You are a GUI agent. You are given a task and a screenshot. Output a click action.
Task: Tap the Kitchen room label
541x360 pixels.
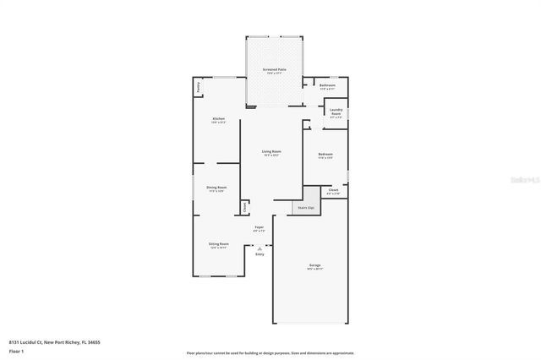click(218, 119)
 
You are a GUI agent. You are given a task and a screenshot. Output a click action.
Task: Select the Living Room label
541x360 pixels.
click(270, 152)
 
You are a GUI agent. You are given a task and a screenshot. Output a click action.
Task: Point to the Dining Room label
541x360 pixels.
click(216, 188)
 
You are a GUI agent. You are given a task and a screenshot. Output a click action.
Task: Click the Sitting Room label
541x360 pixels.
click(218, 244)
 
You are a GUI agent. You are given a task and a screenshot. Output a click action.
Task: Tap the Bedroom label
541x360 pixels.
click(325, 155)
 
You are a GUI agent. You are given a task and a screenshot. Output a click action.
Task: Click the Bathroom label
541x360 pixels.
click(327, 85)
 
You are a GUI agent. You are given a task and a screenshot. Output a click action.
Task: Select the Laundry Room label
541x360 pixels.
click(336, 113)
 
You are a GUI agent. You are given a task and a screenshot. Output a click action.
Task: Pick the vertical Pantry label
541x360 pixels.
click(199, 86)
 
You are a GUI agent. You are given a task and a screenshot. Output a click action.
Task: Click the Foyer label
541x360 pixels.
click(260, 227)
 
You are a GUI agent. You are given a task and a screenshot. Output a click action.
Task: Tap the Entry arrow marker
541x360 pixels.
click(260, 248)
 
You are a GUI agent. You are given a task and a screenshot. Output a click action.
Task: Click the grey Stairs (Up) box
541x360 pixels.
click(305, 207)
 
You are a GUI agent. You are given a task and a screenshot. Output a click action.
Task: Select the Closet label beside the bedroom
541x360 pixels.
click(334, 191)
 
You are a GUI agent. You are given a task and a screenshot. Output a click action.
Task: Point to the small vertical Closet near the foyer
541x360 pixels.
click(245, 206)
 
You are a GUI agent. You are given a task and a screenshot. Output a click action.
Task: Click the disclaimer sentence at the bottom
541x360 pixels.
click(270, 352)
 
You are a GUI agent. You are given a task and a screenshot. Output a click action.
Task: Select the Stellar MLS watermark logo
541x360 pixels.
click(524, 180)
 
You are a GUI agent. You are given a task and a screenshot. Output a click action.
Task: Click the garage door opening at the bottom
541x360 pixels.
click(311, 322)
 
